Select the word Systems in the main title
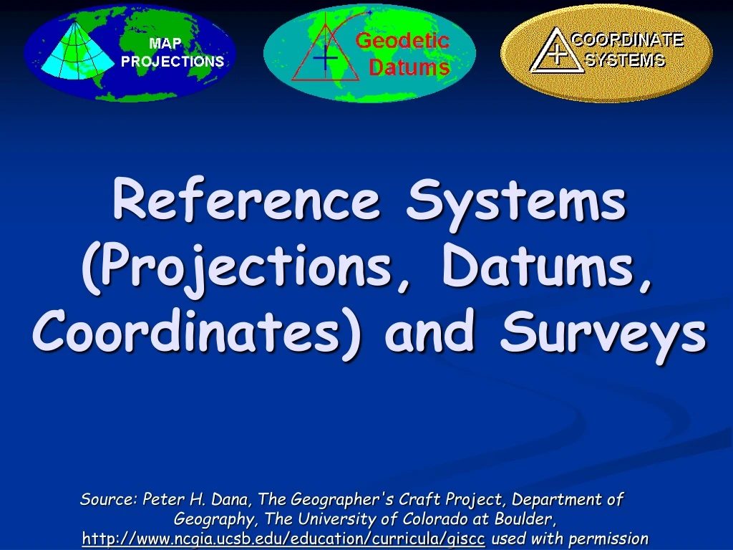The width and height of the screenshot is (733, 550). pyautogui.click(x=516, y=203)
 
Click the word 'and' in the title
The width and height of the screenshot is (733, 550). pyautogui.click(x=429, y=330)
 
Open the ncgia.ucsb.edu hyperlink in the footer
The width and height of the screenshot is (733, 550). pyautogui.click(x=283, y=539)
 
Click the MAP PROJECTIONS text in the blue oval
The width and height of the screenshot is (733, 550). pyautogui.click(x=173, y=52)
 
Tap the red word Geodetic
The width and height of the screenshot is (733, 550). pyautogui.click(x=402, y=41)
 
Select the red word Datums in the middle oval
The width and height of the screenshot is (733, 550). pyautogui.click(x=409, y=67)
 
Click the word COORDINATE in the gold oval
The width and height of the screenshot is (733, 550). pyautogui.click(x=627, y=40)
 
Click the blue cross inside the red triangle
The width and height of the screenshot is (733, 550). pyautogui.click(x=326, y=58)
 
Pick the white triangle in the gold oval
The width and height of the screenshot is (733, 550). pyautogui.click(x=556, y=51)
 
